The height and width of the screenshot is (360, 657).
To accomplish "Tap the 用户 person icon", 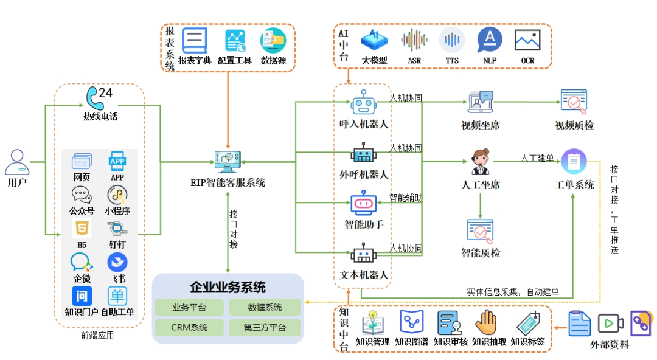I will pos(17,162).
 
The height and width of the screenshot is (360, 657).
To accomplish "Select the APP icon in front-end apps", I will pos(117,161).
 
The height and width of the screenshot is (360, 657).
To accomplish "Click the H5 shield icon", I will pos(82,229).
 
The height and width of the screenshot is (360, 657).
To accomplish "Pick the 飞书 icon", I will pos(117,263).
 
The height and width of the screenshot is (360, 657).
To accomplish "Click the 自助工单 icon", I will pos(117,296).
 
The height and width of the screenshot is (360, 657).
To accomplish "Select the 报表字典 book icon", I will pos(195,41).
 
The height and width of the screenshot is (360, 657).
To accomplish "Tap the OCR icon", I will pos(527,40).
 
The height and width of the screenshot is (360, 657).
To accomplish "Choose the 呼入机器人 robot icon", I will pos(363,102).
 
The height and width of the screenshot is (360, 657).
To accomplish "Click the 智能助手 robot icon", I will pos(363,204).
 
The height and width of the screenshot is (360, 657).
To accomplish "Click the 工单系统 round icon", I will pos(574,162).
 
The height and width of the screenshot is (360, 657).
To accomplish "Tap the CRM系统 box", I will pos(189,328).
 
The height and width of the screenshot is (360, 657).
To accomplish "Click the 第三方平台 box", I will pos(264,328).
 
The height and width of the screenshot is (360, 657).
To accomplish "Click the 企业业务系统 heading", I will pos(228,287).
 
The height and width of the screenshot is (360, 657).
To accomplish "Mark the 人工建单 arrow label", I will pos(537,158).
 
